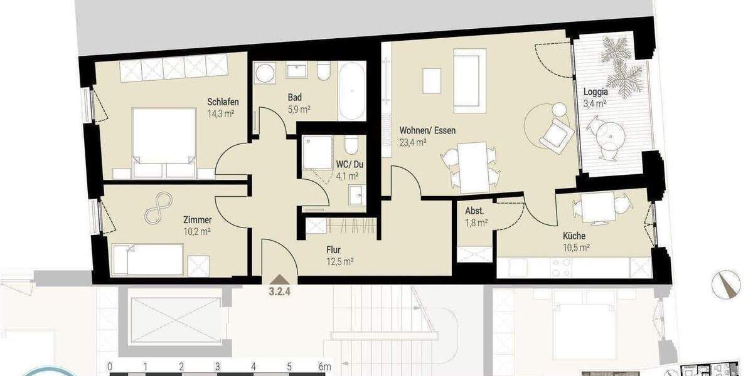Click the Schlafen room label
pyautogui.click(x=223, y=102)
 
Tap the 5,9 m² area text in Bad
pyautogui.click(x=299, y=109)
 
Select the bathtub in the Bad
pyautogui.click(x=352, y=91)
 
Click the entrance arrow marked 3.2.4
pyautogui.click(x=279, y=281)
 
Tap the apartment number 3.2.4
pyautogui.click(x=279, y=291)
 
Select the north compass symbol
pyautogui.click(x=725, y=283)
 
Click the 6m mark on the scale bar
pyautogui.click(x=324, y=366)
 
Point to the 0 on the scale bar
pyautogui.click(x=110, y=366)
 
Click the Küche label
pyautogui.click(x=574, y=236)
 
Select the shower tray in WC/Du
pyautogui.click(x=318, y=154)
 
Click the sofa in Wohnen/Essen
pyautogui.click(x=469, y=80)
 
